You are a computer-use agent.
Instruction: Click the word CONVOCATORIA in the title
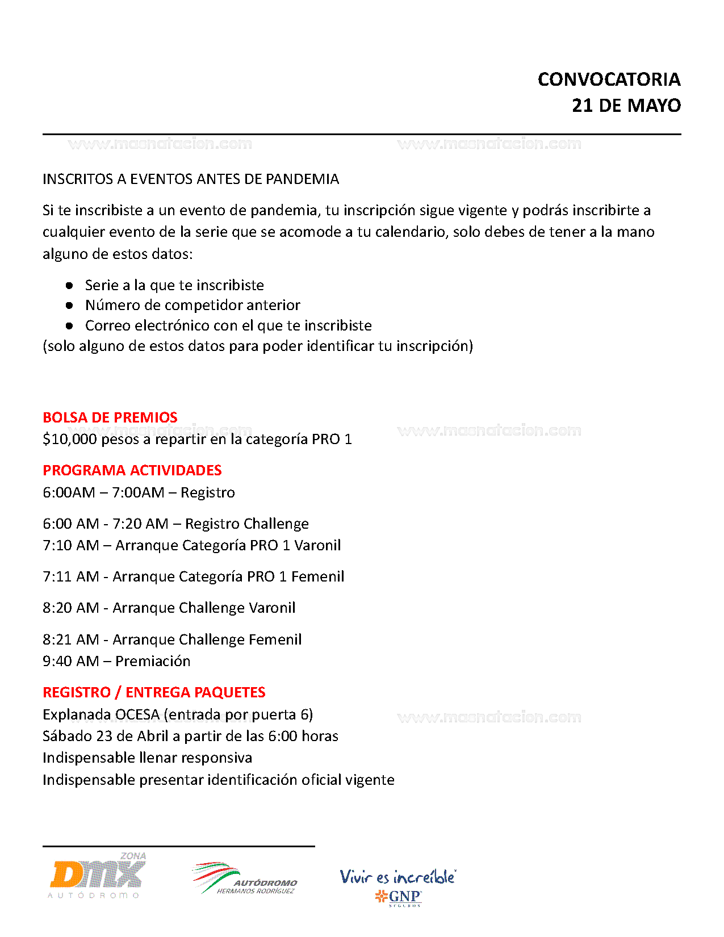point(609,80)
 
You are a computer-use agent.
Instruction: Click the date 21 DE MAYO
point(626,106)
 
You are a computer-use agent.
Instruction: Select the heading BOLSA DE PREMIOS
point(110,417)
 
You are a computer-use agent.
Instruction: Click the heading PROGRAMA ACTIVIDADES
point(132,470)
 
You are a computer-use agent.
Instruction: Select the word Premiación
point(153,661)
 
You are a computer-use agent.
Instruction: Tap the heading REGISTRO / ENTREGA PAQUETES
point(154,692)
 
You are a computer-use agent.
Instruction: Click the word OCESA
point(137,714)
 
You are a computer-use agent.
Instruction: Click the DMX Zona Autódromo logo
point(97,876)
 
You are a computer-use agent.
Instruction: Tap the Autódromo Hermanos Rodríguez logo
point(245,879)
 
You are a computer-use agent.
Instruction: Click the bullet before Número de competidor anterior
point(69,306)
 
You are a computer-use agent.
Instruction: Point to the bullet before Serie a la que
point(69,285)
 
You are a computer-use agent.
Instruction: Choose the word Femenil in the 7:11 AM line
point(317,576)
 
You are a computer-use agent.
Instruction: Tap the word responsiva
point(218,758)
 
